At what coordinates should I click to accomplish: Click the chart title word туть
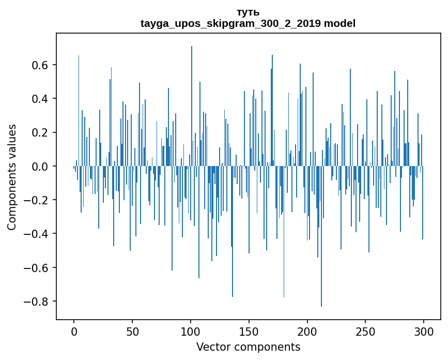[248, 12]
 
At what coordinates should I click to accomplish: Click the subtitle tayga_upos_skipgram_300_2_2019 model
[248, 23]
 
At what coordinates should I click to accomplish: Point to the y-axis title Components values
[12, 177]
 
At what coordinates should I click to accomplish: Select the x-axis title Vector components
[248, 347]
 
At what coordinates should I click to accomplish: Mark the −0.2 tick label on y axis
[38, 200]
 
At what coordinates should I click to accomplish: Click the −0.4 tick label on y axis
[38, 234]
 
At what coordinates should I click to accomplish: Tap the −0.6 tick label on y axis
[38, 268]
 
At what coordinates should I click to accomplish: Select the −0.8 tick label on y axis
[38, 302]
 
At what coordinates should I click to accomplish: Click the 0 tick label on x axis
[74, 331]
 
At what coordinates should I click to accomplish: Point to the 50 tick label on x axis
[132, 331]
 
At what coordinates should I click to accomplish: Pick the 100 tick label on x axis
[191, 331]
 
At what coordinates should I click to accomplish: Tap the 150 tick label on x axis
[249, 331]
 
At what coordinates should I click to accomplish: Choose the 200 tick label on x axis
[307, 331]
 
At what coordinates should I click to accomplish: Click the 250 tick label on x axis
[366, 331]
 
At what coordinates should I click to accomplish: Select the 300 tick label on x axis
[424, 331]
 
